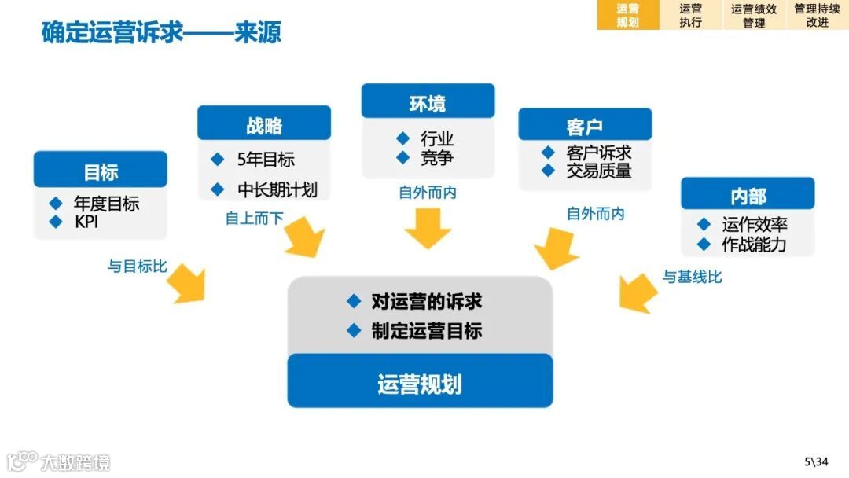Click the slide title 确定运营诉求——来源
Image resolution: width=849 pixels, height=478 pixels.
(161, 33)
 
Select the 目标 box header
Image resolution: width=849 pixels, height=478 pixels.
(101, 170)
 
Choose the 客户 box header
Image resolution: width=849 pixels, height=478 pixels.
(585, 125)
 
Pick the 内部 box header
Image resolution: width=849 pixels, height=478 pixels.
(748, 194)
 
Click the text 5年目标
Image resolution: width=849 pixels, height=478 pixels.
(266, 160)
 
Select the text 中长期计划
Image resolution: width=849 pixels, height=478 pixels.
(277, 189)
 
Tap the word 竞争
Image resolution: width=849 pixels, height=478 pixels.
(437, 158)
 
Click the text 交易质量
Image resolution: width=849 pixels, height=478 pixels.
(598, 171)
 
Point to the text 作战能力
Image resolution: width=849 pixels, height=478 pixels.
(754, 245)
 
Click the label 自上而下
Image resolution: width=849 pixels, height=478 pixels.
(254, 219)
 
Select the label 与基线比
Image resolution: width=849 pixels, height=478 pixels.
(692, 277)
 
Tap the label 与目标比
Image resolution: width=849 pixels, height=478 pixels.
(138, 267)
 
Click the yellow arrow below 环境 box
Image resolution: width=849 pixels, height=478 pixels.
(428, 227)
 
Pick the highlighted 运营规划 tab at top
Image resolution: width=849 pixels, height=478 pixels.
(627, 15)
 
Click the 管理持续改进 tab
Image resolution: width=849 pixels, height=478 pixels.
(817, 15)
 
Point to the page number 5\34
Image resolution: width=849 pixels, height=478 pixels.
(816, 461)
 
